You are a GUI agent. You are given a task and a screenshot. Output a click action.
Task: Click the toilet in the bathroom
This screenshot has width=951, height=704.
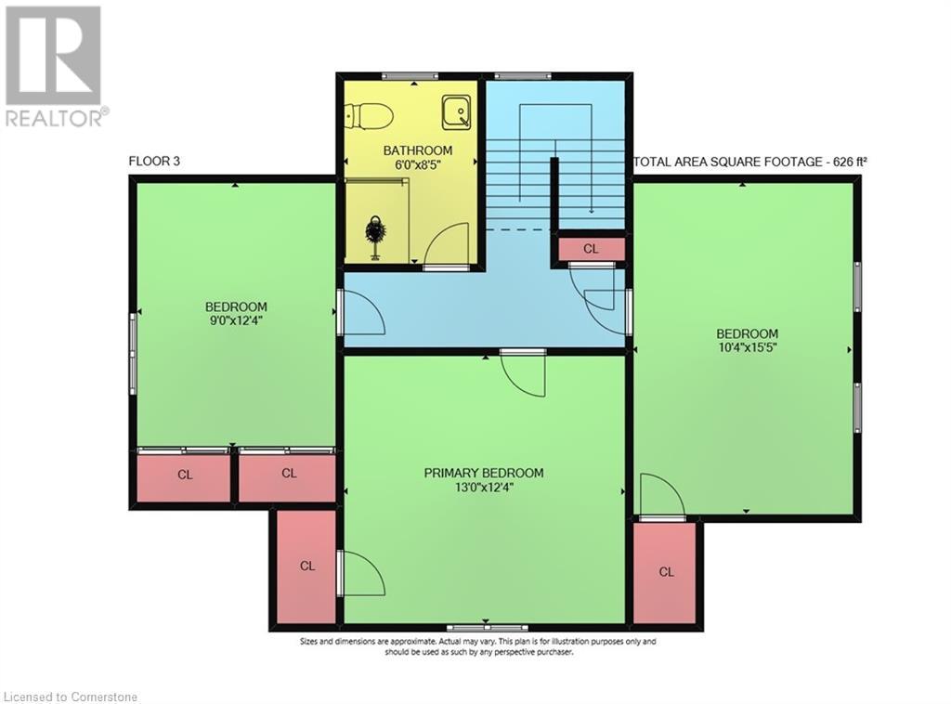coord(368,116)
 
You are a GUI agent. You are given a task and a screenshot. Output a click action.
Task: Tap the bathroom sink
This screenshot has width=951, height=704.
coord(457,112)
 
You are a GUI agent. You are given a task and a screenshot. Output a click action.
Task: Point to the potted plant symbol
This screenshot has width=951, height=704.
coord(375,236)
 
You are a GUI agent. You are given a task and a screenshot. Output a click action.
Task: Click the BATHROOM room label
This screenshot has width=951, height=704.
coord(418,150)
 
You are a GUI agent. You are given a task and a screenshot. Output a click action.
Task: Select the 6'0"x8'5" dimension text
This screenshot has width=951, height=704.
coord(418,165)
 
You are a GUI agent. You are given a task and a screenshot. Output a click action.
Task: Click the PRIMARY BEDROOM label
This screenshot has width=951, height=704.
coord(484,473)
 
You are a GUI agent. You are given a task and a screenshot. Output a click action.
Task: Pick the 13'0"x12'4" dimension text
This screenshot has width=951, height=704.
coord(484,488)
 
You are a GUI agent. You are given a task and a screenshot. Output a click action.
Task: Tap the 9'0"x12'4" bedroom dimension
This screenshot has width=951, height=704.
coord(236,322)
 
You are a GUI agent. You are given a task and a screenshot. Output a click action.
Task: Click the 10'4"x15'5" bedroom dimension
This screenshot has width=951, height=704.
coord(747,349)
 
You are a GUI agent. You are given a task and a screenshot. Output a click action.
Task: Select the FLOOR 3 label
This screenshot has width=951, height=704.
coord(154,162)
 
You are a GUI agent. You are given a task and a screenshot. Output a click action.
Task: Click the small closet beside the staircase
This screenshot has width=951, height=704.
coord(591,249)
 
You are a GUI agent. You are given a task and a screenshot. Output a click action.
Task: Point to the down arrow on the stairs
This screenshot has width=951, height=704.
coord(591,209)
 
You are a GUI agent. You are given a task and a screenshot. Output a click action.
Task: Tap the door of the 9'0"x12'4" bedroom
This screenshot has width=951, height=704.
coord(363,313)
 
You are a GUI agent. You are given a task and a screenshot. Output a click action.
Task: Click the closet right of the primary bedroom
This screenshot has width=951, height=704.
coord(666,571)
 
